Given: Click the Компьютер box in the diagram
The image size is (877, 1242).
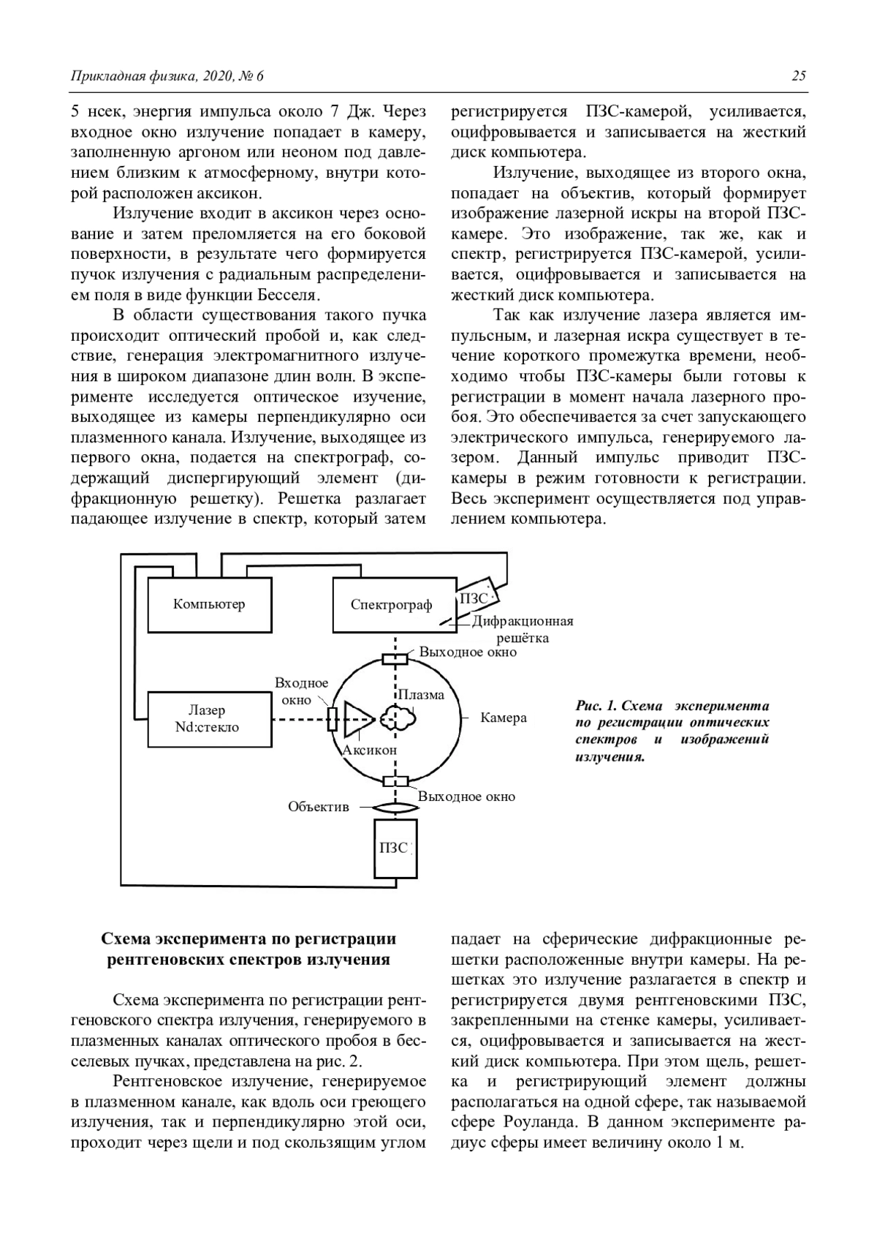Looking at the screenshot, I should pyautogui.click(x=208, y=604).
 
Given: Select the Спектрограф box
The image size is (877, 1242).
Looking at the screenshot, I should pyautogui.click(x=392, y=604).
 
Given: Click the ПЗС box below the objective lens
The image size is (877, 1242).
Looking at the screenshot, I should pyautogui.click(x=395, y=848).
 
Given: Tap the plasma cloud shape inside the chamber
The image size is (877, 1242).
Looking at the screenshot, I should pyautogui.click(x=398, y=720).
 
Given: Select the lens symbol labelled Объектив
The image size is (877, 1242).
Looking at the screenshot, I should pyautogui.click(x=395, y=808).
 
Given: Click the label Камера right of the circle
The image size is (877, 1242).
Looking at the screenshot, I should pyautogui.click(x=504, y=718).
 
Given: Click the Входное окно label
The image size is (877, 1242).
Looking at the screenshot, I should pyautogui.click(x=301, y=691).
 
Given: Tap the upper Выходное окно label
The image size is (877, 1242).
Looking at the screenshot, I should pyautogui.click(x=468, y=652).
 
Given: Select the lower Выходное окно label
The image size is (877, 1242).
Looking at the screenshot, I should pyautogui.click(x=467, y=797).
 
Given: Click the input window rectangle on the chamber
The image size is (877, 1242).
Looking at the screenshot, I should pyautogui.click(x=333, y=720).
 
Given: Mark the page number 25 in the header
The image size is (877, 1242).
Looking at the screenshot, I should pyautogui.click(x=798, y=76).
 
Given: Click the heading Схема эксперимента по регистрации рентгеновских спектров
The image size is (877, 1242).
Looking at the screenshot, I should pyautogui.click(x=248, y=949).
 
